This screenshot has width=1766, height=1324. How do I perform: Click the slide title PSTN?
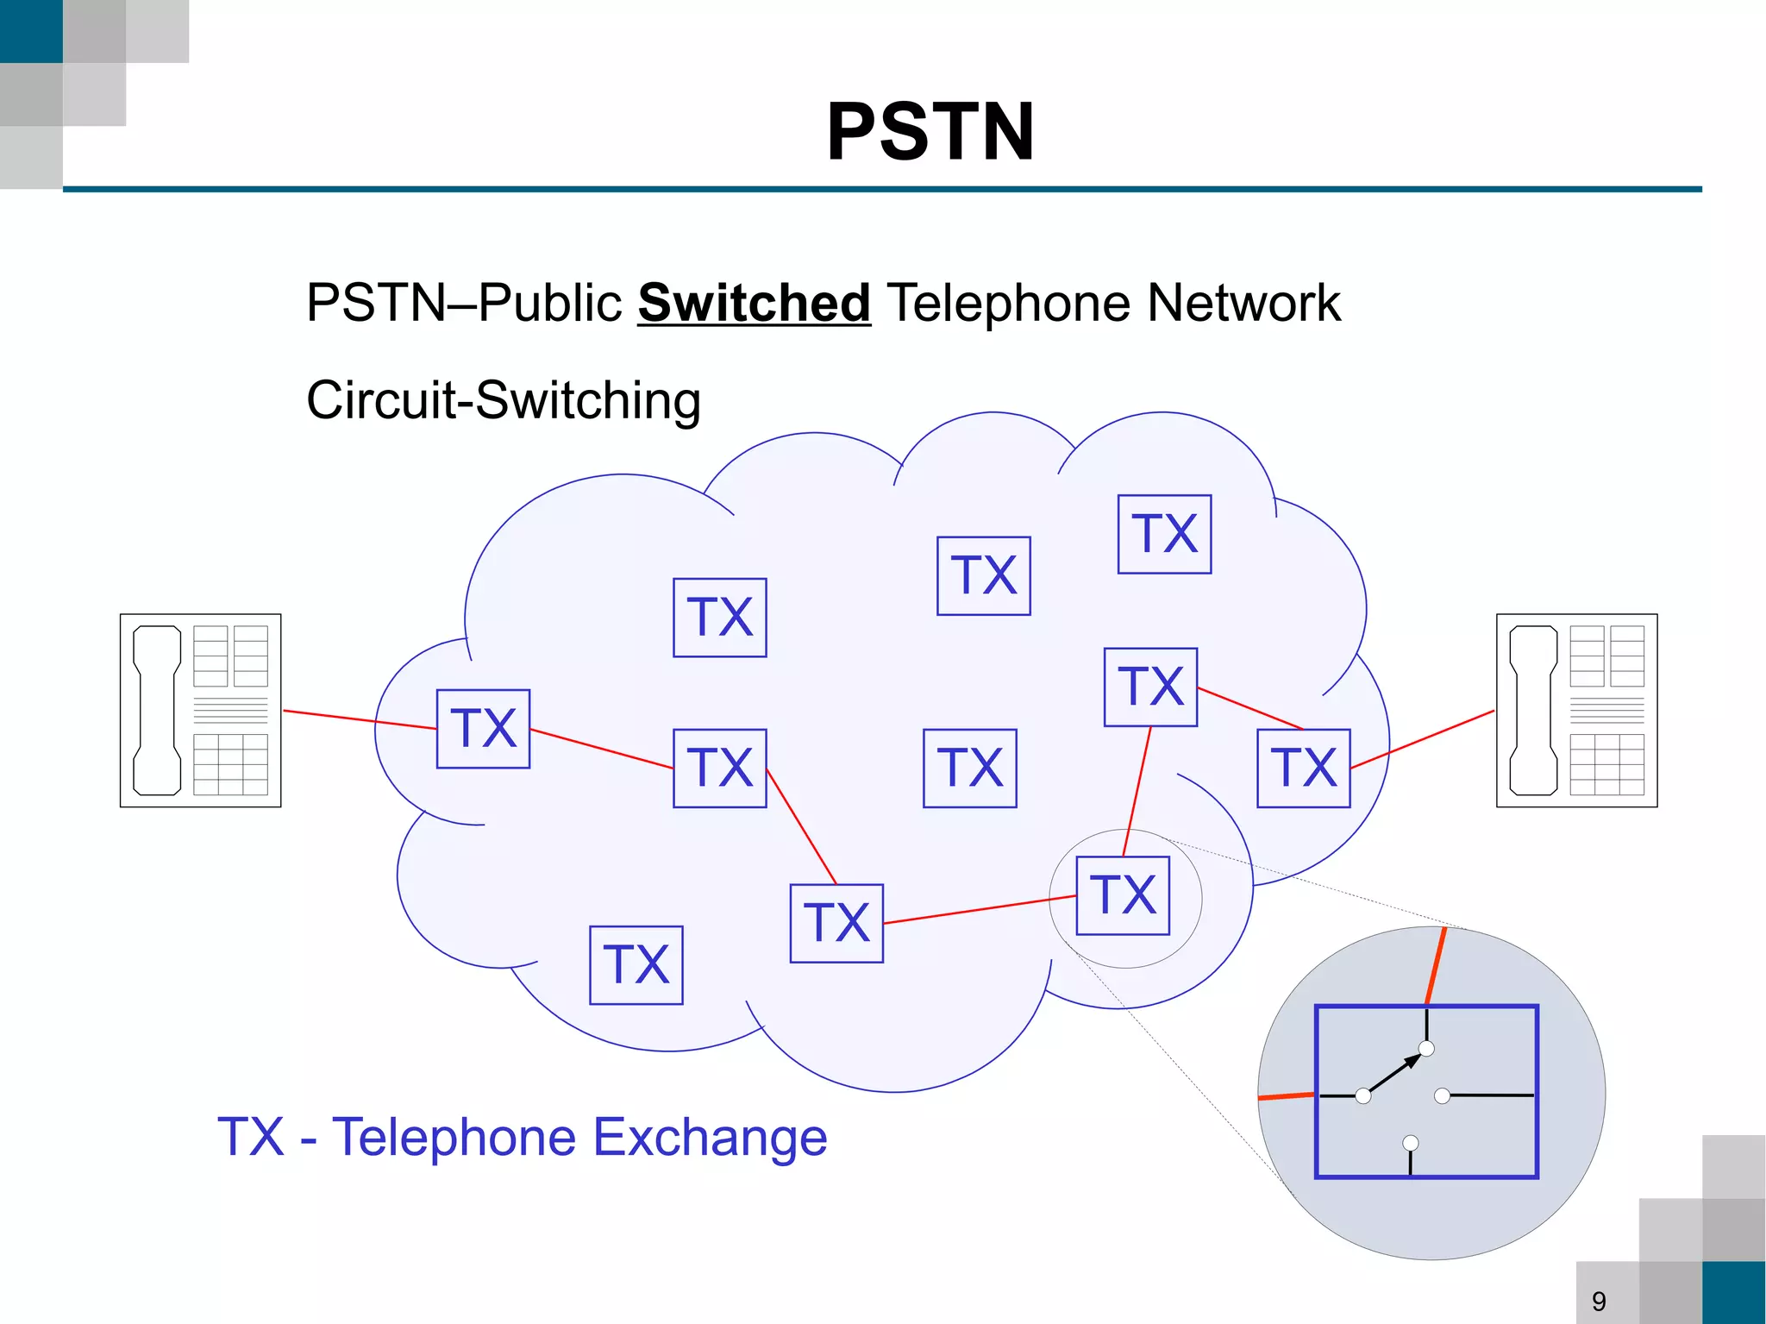point(930,132)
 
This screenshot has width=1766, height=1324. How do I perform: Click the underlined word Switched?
point(754,304)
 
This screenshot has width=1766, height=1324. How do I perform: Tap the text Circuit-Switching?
point(504,400)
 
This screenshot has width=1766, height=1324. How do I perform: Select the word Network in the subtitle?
point(1243,304)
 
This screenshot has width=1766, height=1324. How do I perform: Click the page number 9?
point(1599,1301)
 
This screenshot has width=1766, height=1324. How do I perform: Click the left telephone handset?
point(157,710)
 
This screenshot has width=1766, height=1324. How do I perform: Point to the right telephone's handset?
point(1533,710)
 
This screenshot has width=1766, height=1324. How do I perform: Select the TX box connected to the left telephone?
point(483,728)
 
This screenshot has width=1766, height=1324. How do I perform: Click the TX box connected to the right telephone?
point(1303,768)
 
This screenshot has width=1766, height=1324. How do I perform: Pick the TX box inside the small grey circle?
point(1123,895)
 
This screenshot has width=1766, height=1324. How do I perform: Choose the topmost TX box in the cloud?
point(1164,534)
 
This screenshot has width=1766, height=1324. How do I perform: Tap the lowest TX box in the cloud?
point(636,965)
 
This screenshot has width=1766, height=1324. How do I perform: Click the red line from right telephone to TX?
point(1423,739)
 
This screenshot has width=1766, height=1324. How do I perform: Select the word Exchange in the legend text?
point(711,1137)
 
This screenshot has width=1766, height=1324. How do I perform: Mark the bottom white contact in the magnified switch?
point(1411,1143)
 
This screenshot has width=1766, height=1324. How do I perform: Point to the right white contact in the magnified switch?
point(1442,1096)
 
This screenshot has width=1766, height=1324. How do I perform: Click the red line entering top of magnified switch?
point(1436,966)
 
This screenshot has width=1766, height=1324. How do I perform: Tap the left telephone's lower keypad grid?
point(230,764)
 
